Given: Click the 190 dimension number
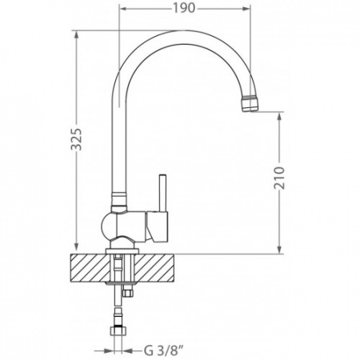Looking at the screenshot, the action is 184,8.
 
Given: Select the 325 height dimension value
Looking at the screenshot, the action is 76,139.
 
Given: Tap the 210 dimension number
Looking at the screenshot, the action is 279,178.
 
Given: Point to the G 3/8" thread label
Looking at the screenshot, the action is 164,350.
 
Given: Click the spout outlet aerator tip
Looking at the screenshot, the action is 250,104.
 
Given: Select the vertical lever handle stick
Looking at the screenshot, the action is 162,193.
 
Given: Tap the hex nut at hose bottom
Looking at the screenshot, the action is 118,330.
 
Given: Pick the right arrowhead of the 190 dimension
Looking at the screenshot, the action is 245,9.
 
